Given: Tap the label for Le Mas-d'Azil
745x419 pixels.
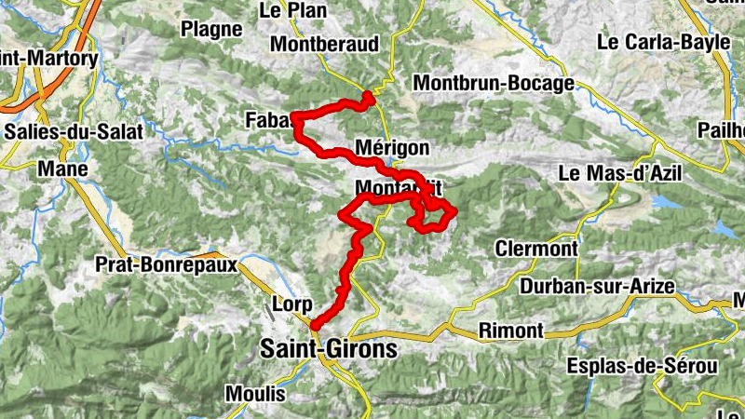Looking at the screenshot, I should (620, 173).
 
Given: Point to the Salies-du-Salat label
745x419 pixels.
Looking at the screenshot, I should (74, 132).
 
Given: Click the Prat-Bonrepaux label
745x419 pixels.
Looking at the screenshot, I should (164, 264).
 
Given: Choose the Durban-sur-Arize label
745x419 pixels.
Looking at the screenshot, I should (597, 286).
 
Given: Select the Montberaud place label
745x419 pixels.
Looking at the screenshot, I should (325, 45).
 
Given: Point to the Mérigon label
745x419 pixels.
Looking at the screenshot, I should (392, 148).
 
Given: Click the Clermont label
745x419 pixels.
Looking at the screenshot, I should (536, 250).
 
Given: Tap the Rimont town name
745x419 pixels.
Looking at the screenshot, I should (509, 331).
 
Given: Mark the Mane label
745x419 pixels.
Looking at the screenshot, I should (62, 169).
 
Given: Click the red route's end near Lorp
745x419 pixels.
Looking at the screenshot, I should (315, 325).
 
